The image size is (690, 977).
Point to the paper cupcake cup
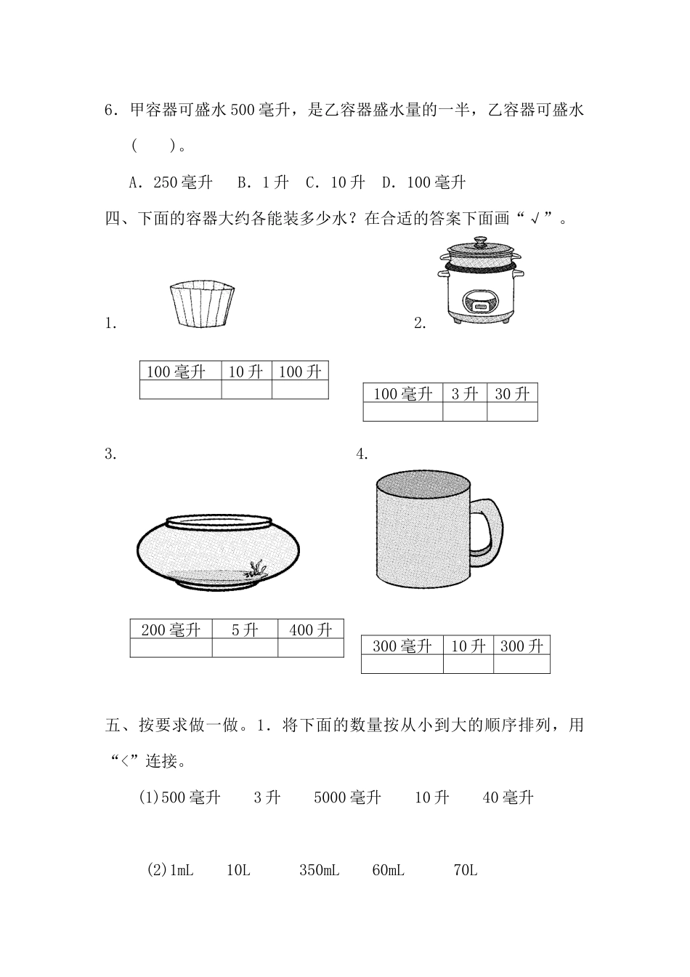(x=202, y=304)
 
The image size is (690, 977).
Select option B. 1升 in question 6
(x=263, y=182)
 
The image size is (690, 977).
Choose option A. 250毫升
(x=171, y=182)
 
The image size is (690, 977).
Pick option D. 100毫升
(x=423, y=182)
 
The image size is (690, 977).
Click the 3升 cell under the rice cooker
(x=465, y=393)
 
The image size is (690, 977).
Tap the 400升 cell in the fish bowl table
(x=311, y=630)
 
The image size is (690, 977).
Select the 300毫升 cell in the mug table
(x=402, y=646)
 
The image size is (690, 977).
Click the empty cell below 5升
(x=245, y=648)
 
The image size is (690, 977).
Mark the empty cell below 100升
(x=300, y=390)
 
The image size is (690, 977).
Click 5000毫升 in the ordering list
(x=347, y=797)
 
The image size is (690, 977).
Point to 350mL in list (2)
(x=319, y=871)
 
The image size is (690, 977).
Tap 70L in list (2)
(x=465, y=871)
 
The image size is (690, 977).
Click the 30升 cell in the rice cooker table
(x=512, y=393)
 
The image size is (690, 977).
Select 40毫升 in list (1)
(x=508, y=797)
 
